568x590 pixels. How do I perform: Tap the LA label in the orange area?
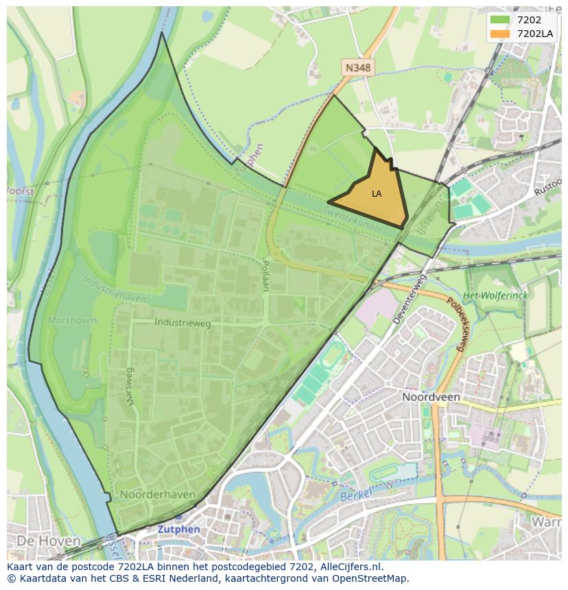coord(377,194)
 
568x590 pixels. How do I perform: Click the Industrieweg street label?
coord(182,322)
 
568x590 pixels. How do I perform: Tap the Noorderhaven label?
coord(158,494)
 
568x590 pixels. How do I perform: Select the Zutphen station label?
coord(179,529)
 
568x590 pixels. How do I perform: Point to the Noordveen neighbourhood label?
coord(431,397)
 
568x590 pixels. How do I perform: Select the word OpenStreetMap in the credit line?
coord(374,578)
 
